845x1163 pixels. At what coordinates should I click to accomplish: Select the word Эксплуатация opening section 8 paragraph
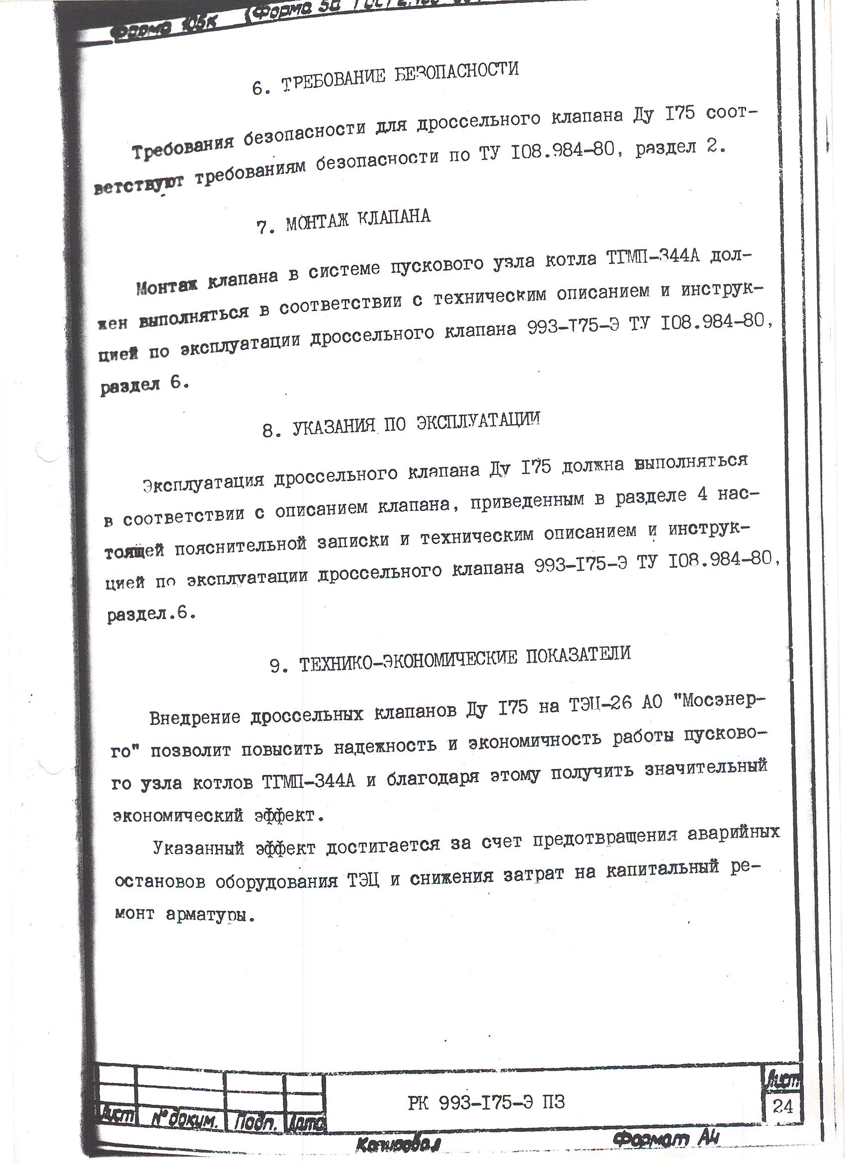[x=203, y=483]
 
